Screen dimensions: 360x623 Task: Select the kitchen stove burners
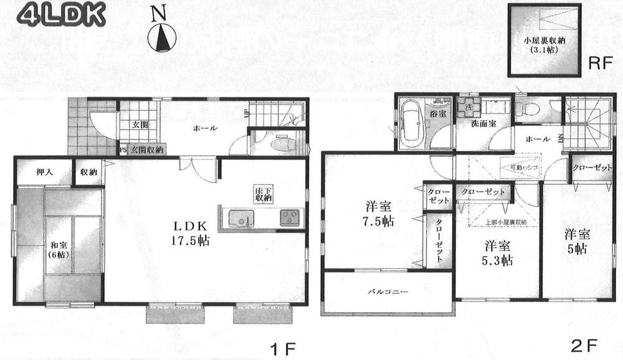point(290,219)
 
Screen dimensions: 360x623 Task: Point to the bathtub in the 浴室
point(411,123)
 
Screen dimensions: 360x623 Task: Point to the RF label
point(599,64)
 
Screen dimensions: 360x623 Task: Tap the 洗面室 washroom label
point(483,123)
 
